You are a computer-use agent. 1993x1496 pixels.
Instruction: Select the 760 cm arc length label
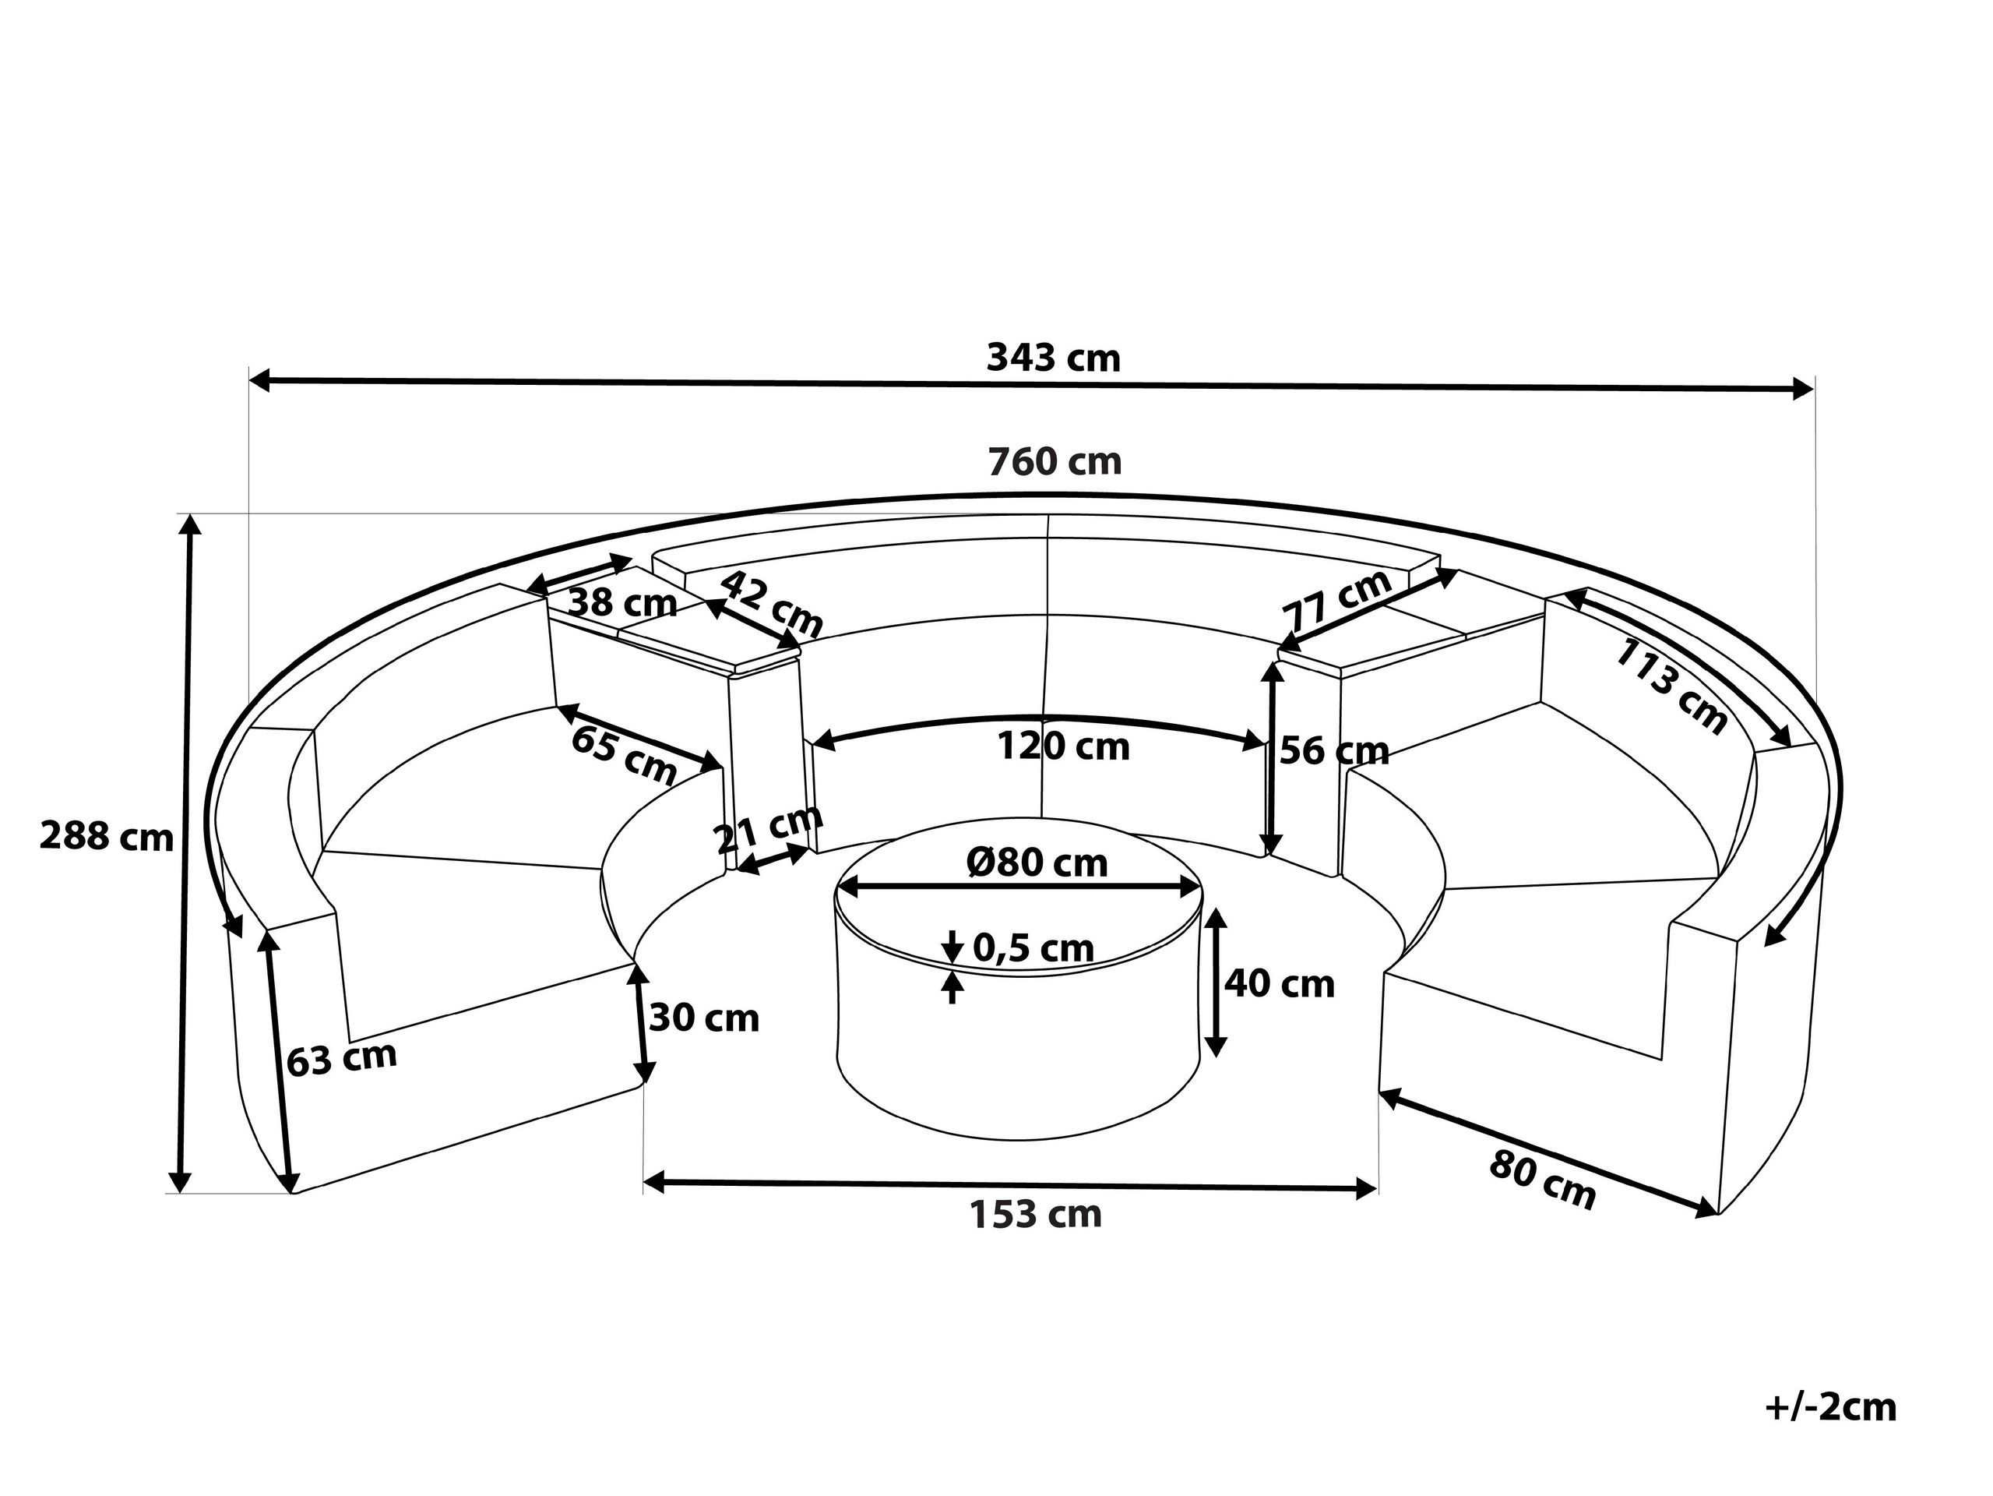coord(1055,462)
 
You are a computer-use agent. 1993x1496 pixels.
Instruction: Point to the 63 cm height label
coord(341,1058)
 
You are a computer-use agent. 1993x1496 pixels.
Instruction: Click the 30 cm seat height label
coord(704,1018)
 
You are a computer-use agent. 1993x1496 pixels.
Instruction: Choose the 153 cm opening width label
coord(1035,1215)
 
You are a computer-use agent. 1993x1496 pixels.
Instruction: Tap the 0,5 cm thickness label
coord(1033,948)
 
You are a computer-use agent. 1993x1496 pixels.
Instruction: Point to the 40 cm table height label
coord(1279,983)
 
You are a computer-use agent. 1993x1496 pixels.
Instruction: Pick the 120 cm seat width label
coord(1062,747)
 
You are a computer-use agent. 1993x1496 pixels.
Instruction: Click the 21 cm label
coord(769,828)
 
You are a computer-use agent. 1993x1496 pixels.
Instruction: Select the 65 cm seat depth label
coord(624,755)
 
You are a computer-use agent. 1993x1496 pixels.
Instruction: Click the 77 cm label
coord(1337,601)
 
